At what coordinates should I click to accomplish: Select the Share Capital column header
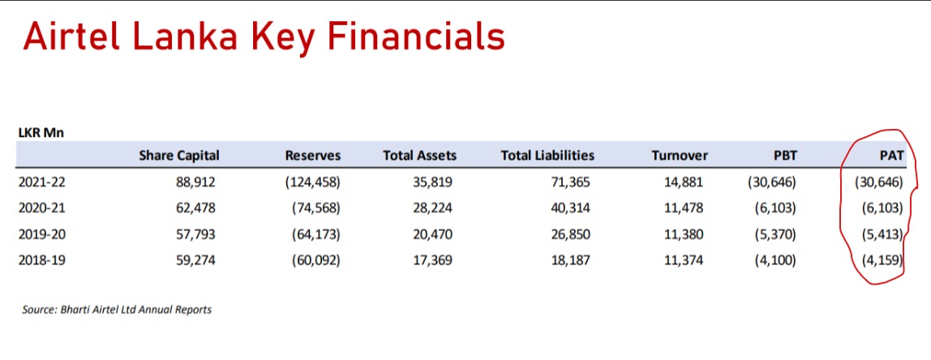click(x=178, y=156)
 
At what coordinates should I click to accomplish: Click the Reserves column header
click(x=313, y=156)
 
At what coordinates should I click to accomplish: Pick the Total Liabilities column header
click(x=547, y=156)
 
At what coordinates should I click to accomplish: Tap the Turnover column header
click(x=680, y=156)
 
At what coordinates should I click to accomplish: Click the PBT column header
click(x=786, y=156)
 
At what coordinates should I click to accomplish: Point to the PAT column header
click(x=892, y=156)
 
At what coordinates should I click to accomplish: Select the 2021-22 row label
click(x=41, y=182)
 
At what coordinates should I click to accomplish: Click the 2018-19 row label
click(x=41, y=259)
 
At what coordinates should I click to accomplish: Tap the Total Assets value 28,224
click(x=433, y=208)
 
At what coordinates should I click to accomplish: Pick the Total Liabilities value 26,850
click(x=571, y=234)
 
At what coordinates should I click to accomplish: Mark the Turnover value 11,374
click(x=684, y=259)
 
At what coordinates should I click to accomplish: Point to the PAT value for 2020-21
click(x=883, y=208)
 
